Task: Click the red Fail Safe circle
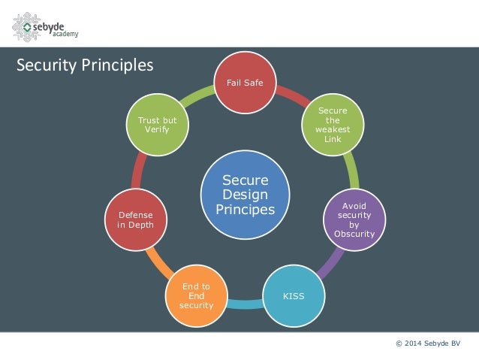(245, 83)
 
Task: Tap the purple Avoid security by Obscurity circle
(354, 219)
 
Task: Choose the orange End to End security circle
(196, 295)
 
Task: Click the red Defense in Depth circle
(136, 219)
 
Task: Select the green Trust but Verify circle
(158, 125)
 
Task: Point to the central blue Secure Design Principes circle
(245, 195)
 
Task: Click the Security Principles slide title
(85, 65)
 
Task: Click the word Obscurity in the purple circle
(354, 233)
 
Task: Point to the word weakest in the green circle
(333, 129)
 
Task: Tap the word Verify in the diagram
(158, 130)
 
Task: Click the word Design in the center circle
(245, 195)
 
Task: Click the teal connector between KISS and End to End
(245, 304)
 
